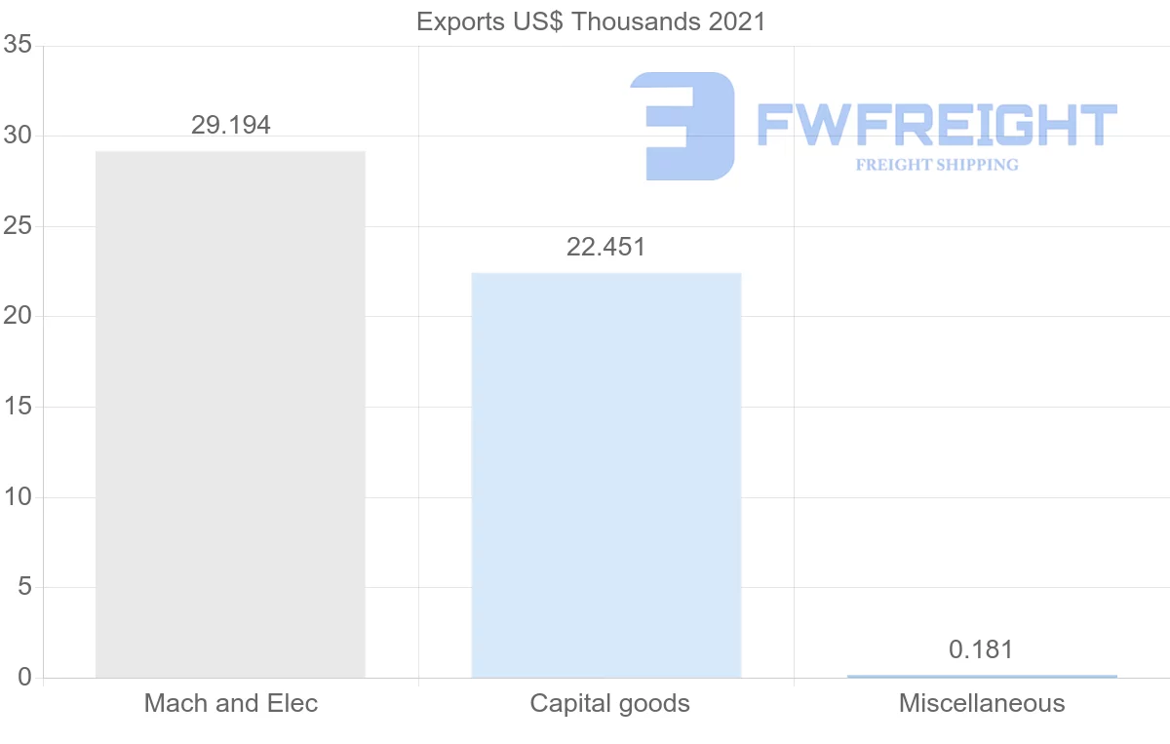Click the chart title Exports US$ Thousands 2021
(591, 21)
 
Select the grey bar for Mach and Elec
(230, 414)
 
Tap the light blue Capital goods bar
(605, 475)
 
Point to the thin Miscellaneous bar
(982, 676)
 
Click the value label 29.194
(230, 125)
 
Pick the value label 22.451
(605, 247)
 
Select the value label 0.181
(982, 649)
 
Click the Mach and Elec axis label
(231, 703)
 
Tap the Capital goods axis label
(609, 703)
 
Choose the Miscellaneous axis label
(982, 703)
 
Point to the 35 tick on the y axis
(18, 46)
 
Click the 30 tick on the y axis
(18, 137)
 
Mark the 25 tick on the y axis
(18, 226)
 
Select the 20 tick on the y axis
(18, 317)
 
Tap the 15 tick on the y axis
(18, 407)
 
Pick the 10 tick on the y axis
(18, 497)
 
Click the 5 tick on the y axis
(24, 587)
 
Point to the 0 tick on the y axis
(24, 678)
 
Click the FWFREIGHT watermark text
(936, 125)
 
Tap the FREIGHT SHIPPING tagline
(937, 165)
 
